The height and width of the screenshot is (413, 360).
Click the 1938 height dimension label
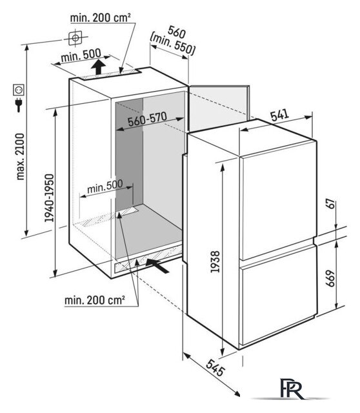[x=215, y=262]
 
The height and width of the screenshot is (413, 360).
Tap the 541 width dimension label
[x=280, y=116]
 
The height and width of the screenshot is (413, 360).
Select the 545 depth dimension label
[x=215, y=368]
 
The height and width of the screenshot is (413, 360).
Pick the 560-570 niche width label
[x=147, y=119]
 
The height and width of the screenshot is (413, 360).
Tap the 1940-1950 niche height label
[x=49, y=198]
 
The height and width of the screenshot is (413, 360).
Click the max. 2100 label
[x=20, y=157]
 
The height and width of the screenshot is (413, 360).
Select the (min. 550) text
[x=172, y=45]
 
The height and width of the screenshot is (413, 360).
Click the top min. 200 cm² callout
[x=101, y=18]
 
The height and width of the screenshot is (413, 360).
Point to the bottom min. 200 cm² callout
[x=95, y=300]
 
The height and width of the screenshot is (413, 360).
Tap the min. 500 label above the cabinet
[x=81, y=55]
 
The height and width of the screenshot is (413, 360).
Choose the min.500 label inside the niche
[x=105, y=186]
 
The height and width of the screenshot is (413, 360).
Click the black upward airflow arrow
[x=98, y=67]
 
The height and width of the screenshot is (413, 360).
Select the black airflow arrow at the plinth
[x=157, y=265]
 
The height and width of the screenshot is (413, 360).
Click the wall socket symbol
[x=19, y=90]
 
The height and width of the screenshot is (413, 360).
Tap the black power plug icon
[x=19, y=105]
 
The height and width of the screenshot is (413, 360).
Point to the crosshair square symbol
[x=75, y=38]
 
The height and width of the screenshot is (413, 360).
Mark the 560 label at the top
[x=177, y=32]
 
